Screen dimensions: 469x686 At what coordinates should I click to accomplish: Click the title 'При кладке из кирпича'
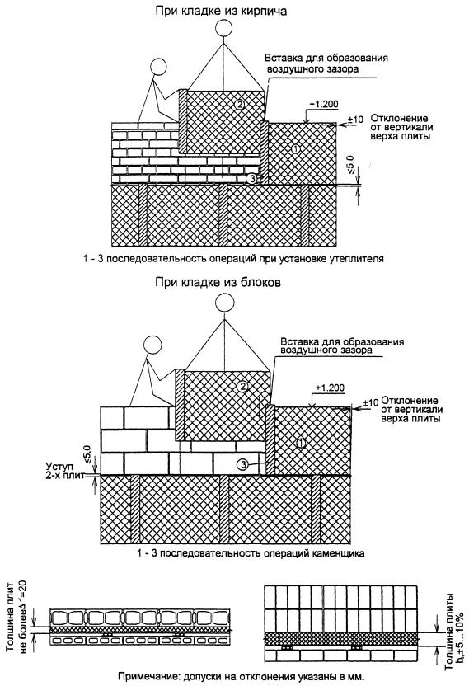point(221,11)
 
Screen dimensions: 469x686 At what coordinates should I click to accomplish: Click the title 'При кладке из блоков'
point(218,282)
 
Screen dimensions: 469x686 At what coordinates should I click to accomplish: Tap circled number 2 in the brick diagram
point(239,104)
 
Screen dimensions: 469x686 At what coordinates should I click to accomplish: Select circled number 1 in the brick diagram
point(296,148)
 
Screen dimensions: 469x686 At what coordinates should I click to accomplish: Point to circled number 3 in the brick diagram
point(251,178)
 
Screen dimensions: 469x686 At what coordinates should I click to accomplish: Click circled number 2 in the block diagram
point(243,386)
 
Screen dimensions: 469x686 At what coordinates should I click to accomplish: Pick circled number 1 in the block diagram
point(301,444)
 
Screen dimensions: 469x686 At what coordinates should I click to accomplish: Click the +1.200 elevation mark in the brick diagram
point(324,105)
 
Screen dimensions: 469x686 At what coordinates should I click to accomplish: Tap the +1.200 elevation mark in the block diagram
point(330,388)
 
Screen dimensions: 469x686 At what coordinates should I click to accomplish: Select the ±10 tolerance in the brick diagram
point(355,119)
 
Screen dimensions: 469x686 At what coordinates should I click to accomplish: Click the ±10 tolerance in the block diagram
point(370,402)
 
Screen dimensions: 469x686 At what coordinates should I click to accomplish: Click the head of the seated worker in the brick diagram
point(158,68)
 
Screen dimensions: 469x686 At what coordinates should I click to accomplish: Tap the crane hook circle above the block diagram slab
point(225,303)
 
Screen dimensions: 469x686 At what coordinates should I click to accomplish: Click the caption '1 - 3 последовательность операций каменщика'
point(251,553)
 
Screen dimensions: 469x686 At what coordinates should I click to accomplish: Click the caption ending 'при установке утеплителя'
point(233,259)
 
